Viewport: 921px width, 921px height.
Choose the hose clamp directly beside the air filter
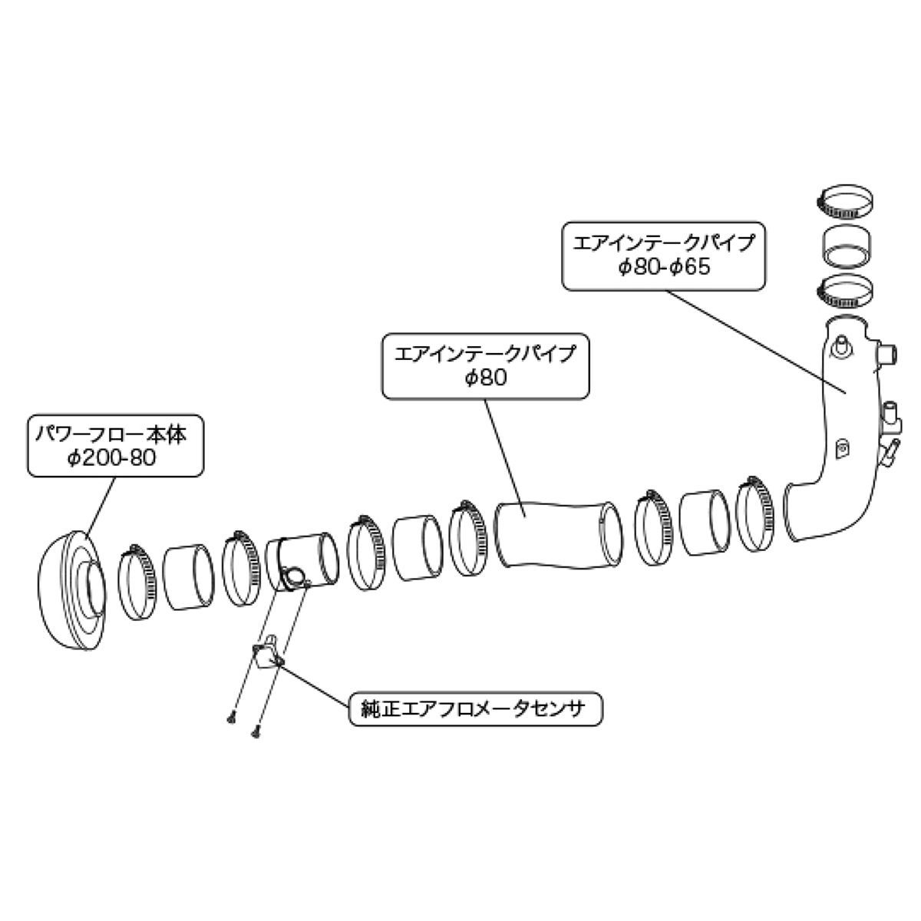coord(137,574)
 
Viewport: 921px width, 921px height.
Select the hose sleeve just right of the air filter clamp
coord(190,577)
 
